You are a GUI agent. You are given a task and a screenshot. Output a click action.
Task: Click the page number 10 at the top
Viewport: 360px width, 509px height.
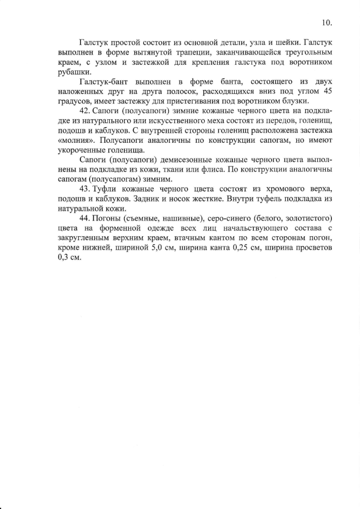pos(327,23)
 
